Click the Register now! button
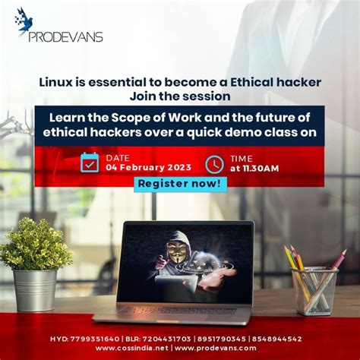(x=180, y=183)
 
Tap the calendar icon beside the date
(x=90, y=163)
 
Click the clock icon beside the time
(x=214, y=163)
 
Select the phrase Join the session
(x=179, y=96)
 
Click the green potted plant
(x=35, y=245)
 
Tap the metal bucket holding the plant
(x=35, y=289)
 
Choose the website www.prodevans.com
(x=219, y=348)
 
